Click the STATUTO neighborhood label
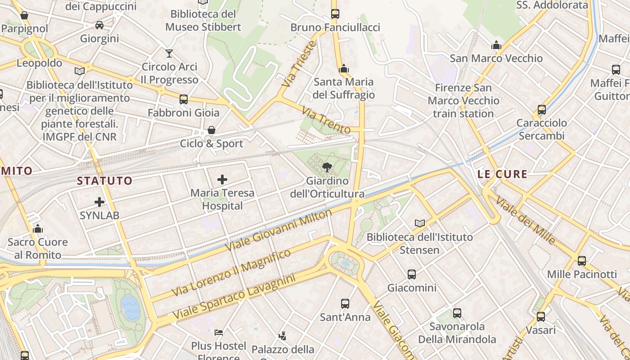[x=105, y=181]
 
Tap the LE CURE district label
[x=502, y=174]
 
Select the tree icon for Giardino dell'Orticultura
[x=327, y=168]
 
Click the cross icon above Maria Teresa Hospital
[x=222, y=180]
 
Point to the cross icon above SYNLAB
[x=99, y=202]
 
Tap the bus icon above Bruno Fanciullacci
[x=335, y=13]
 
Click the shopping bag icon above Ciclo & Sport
[x=211, y=130]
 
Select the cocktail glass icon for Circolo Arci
[x=169, y=54]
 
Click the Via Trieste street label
[x=298, y=64]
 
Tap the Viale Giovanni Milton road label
[x=278, y=230]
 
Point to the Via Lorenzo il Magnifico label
[x=231, y=273]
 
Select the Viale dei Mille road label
[x=526, y=220]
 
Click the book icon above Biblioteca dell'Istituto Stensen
[x=420, y=223]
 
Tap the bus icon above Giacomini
[x=411, y=274]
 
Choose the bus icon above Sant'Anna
[x=345, y=304]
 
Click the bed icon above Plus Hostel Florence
[x=219, y=333]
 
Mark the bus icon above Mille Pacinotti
[x=581, y=261]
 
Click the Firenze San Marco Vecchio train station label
[x=463, y=100]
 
